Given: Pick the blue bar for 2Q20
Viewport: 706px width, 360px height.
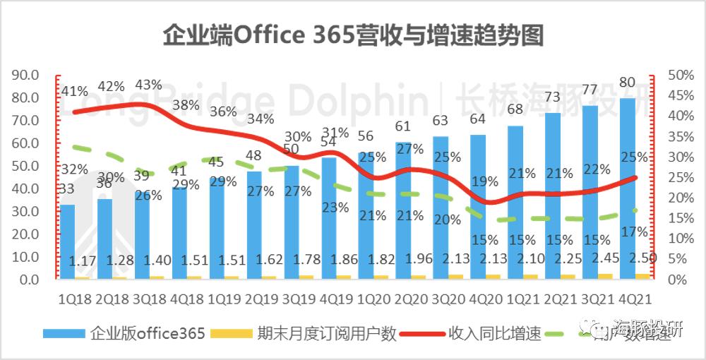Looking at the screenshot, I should [x=403, y=212].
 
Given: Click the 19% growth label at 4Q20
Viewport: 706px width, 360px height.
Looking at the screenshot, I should [x=485, y=181].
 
